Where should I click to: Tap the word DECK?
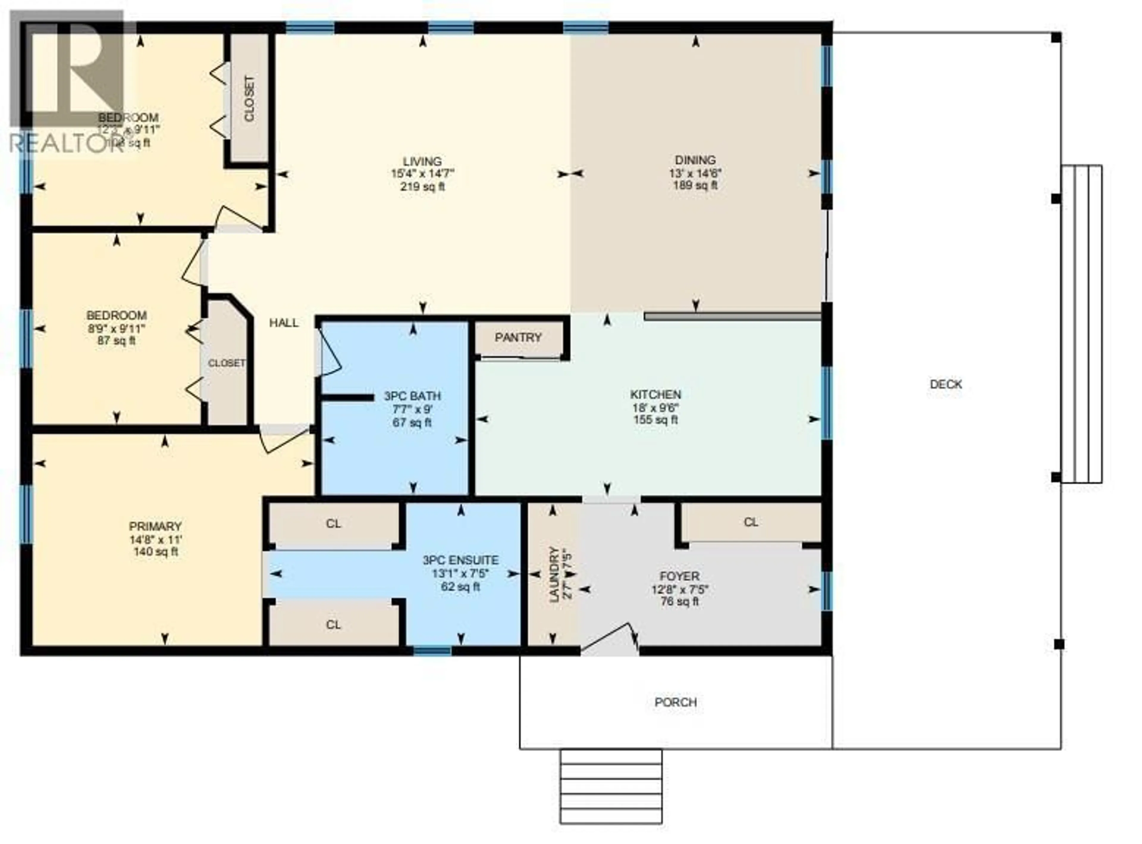pyautogui.click(x=945, y=384)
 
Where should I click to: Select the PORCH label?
pyautogui.click(x=675, y=702)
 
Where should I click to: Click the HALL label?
pyautogui.click(x=284, y=323)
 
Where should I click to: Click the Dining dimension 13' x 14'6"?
pyautogui.click(x=695, y=174)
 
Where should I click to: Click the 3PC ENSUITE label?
pyautogui.click(x=460, y=560)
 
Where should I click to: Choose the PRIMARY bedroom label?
pyautogui.click(x=155, y=526)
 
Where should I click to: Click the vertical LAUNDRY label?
pyautogui.click(x=553, y=574)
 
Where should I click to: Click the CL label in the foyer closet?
pyautogui.click(x=751, y=522)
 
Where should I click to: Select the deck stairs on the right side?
pyautogui.click(x=1082, y=324)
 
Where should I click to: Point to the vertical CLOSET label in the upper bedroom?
pyautogui.click(x=249, y=99)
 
